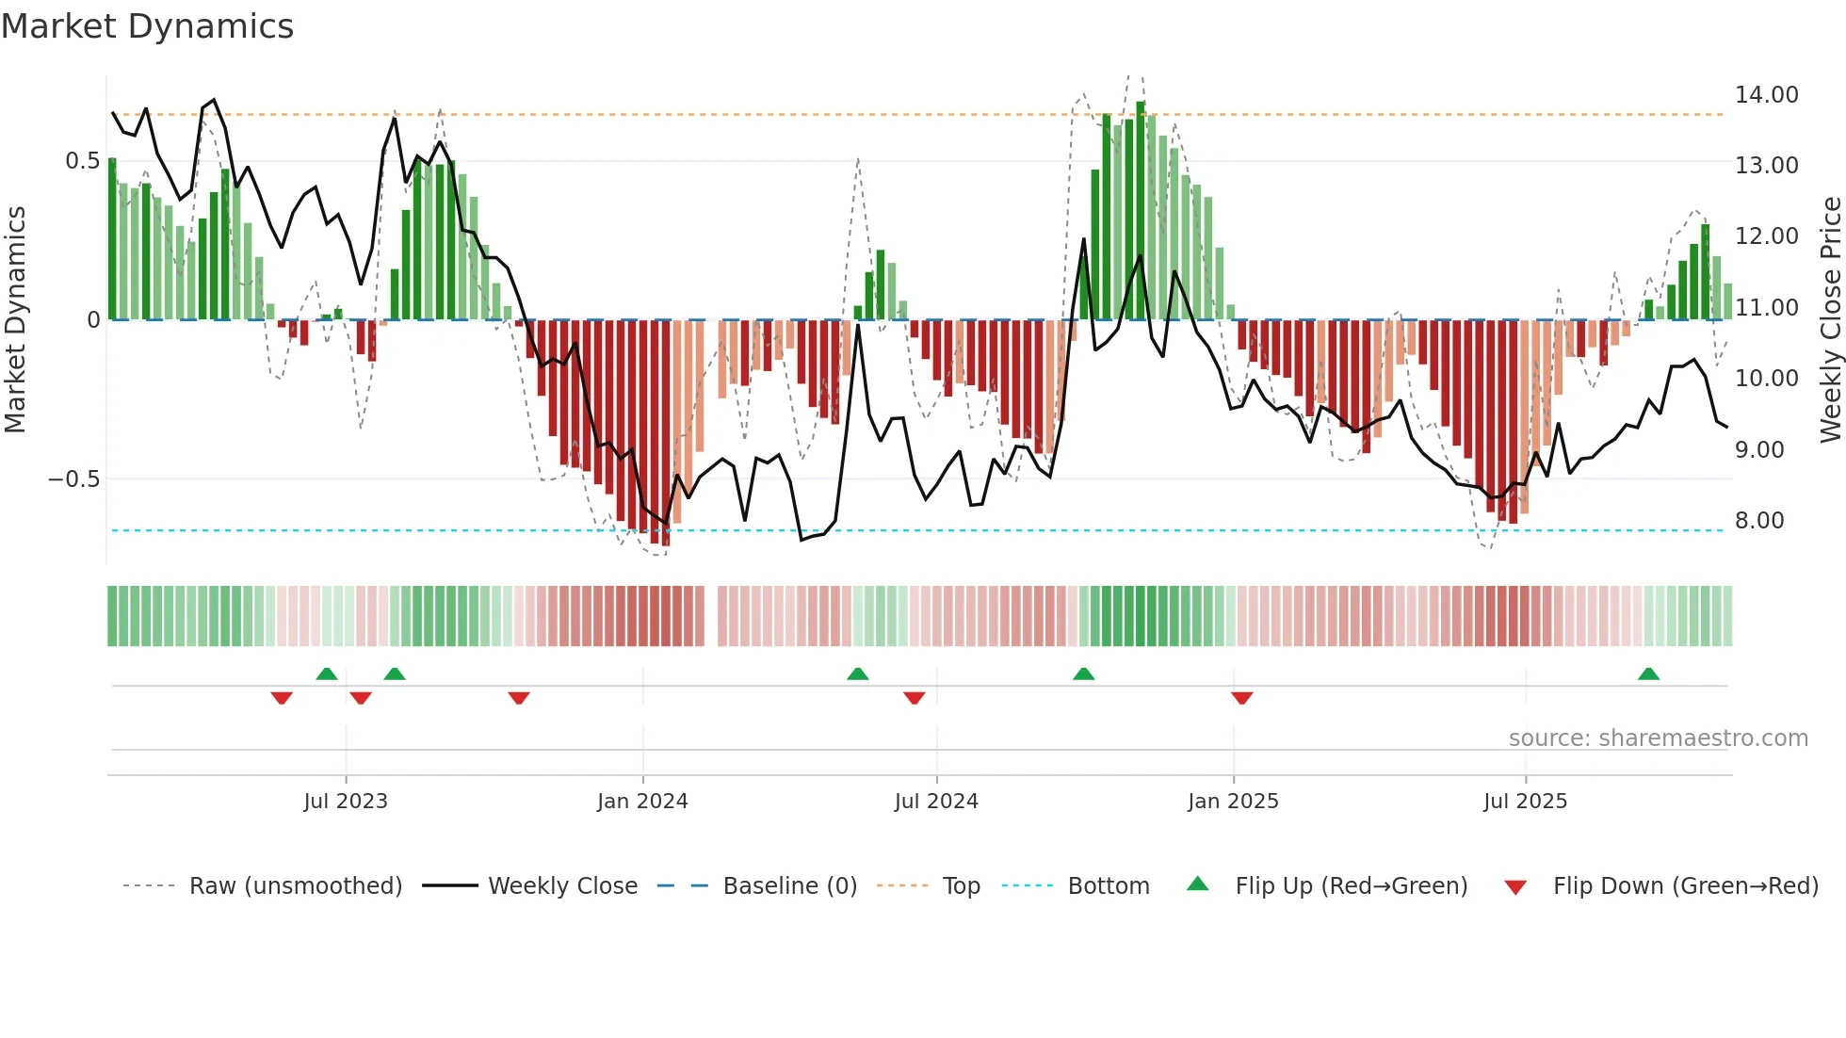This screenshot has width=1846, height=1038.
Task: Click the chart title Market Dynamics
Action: tap(147, 26)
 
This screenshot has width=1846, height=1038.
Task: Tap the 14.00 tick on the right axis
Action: tap(1766, 95)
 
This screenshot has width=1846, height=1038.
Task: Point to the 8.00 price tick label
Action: tap(1758, 521)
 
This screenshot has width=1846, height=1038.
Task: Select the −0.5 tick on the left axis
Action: tap(73, 479)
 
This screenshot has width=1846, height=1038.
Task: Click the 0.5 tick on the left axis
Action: tap(82, 161)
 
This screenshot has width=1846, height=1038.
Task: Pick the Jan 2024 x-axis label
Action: tap(642, 802)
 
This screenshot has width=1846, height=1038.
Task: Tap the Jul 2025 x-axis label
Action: tap(1525, 802)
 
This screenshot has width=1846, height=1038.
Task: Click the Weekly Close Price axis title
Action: tap(1830, 320)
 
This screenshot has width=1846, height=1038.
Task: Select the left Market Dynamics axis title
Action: tap(15, 320)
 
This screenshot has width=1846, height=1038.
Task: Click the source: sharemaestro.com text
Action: tap(1658, 738)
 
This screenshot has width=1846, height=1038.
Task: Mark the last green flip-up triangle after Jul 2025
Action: tap(1648, 674)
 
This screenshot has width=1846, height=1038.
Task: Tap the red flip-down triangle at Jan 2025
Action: tap(1241, 698)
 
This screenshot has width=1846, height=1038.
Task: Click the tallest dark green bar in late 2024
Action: tap(1141, 211)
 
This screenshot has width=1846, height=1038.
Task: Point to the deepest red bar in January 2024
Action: tap(666, 433)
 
